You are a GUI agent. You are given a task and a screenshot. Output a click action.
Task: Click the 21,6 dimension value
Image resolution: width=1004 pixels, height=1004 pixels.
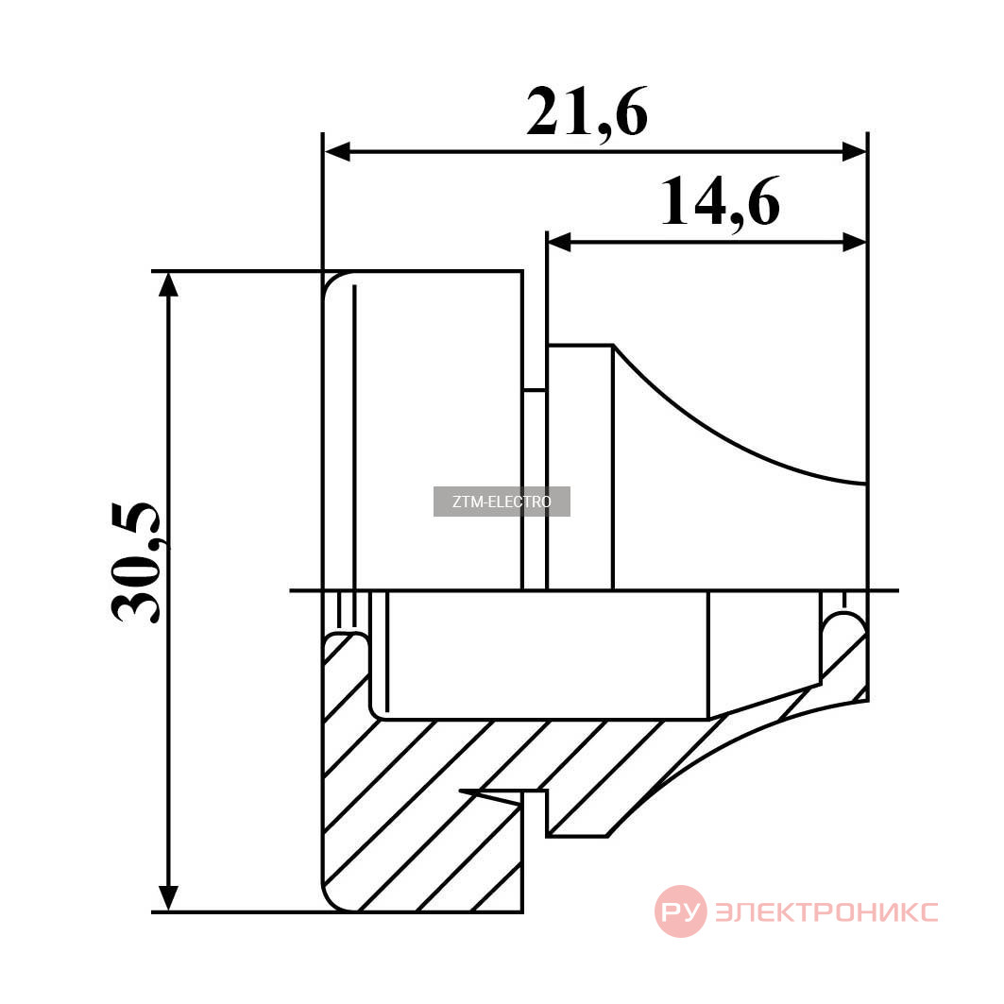(587, 112)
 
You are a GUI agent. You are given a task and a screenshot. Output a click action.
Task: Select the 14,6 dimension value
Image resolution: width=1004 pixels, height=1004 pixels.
(720, 202)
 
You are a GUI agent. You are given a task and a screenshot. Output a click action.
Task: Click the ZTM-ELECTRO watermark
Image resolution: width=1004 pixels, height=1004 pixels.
(502, 502)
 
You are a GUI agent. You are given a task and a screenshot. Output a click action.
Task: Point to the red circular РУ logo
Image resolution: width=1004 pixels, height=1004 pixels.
(680, 910)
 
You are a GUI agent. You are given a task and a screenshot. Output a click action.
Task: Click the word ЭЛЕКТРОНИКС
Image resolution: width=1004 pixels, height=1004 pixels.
(826, 911)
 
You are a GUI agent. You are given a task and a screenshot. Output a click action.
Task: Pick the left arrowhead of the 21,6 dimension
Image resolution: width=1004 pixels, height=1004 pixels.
(337, 152)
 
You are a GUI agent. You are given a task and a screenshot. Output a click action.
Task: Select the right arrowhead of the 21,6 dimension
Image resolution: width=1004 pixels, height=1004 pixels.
(853, 152)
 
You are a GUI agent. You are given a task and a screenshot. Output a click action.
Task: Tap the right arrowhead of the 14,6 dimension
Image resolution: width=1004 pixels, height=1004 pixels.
(854, 243)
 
